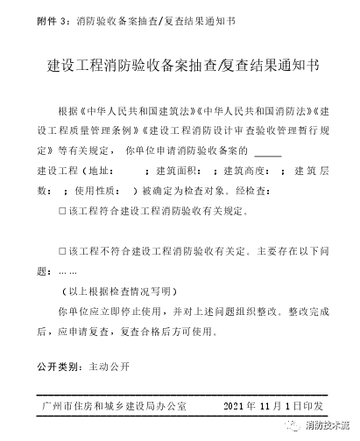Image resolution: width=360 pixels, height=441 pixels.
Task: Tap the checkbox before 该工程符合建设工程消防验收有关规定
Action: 61,211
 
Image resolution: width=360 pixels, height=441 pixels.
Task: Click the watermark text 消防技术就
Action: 328,426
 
